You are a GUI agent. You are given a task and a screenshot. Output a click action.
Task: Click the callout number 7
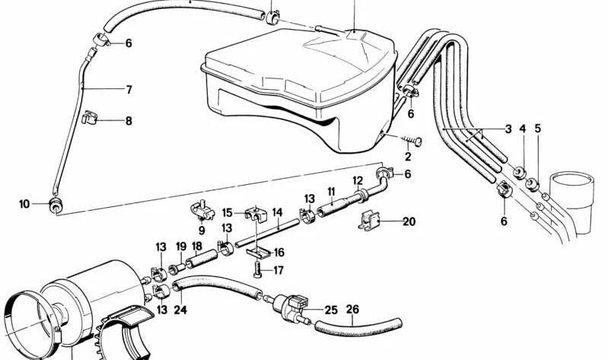tap(129, 90)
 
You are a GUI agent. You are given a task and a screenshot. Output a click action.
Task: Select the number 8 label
tap(129, 121)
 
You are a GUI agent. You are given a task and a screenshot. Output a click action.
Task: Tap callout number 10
tap(24, 204)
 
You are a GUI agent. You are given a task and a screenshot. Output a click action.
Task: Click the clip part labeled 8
tap(90, 117)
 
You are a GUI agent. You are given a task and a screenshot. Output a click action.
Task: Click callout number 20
tap(409, 221)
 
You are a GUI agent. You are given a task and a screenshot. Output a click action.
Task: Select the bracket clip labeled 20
tap(368, 221)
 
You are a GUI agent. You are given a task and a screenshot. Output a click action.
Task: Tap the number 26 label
tap(352, 309)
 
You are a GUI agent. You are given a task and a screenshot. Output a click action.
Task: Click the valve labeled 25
tap(290, 304)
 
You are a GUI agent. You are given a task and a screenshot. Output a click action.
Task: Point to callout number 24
tap(180, 310)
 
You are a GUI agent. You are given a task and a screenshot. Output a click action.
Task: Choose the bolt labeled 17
tap(257, 269)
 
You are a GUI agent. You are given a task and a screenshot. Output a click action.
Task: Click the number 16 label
tap(279, 253)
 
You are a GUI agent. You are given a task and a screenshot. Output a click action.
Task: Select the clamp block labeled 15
tap(256, 215)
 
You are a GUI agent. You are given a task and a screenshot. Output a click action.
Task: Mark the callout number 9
tap(202, 231)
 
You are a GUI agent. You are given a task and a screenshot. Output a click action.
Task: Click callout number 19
tap(181, 247)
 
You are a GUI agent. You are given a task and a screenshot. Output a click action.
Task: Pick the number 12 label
tap(358, 181)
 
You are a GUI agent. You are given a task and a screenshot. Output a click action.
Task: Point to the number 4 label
tap(523, 129)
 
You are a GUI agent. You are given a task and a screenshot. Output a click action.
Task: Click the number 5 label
tap(537, 129)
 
